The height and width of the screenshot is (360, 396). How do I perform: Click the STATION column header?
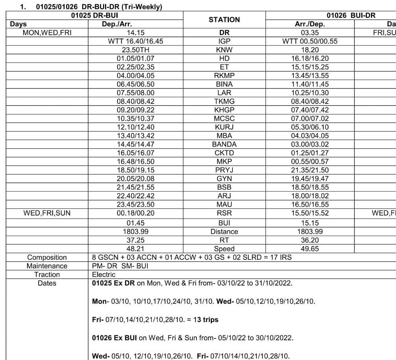[x=224, y=19]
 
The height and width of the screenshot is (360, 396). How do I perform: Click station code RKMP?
[x=224, y=76]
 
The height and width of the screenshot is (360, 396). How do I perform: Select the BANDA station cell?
[x=224, y=144]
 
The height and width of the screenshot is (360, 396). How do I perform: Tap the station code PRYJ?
[x=224, y=170]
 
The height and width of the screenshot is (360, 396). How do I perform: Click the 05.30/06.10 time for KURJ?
[x=303, y=127]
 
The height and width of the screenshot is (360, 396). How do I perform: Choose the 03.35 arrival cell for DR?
[x=303, y=33]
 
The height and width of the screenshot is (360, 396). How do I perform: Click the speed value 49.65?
[x=303, y=249]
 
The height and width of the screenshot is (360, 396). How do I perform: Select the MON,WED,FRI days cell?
[x=47, y=33]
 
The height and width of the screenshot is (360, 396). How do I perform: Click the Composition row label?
[x=47, y=257]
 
